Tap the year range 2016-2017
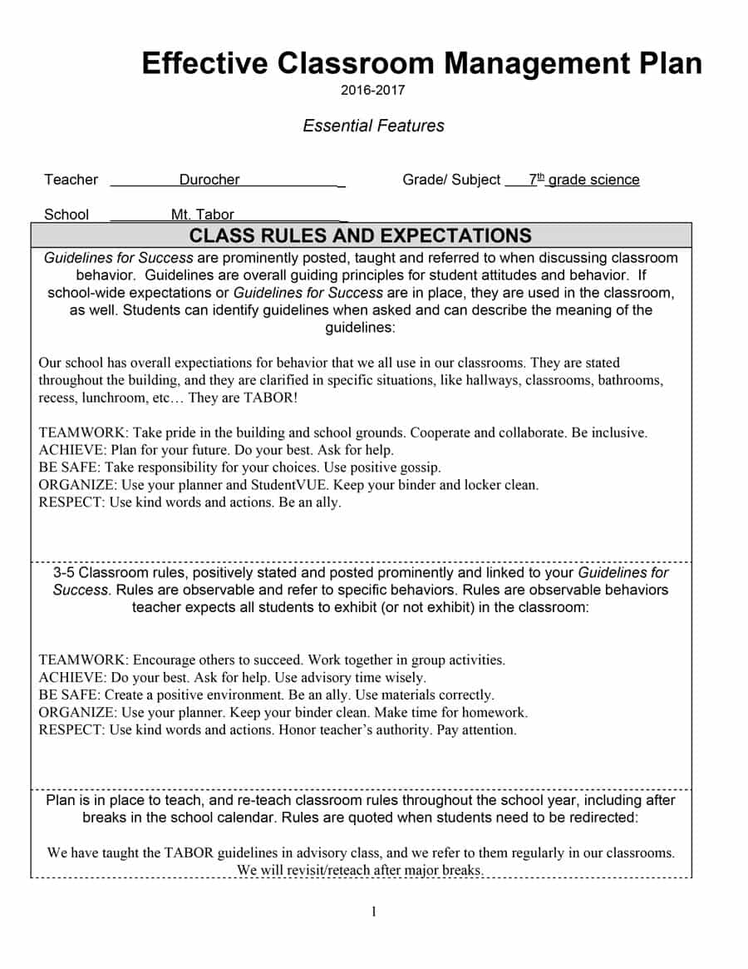coord(373,90)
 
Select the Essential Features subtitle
coord(373,126)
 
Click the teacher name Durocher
coord(209,180)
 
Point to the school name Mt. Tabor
coord(203,215)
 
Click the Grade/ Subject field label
coord(451,180)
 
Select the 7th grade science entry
coord(584,180)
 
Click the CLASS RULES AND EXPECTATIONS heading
coord(361,235)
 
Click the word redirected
coord(602,818)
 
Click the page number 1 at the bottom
coord(373,912)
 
